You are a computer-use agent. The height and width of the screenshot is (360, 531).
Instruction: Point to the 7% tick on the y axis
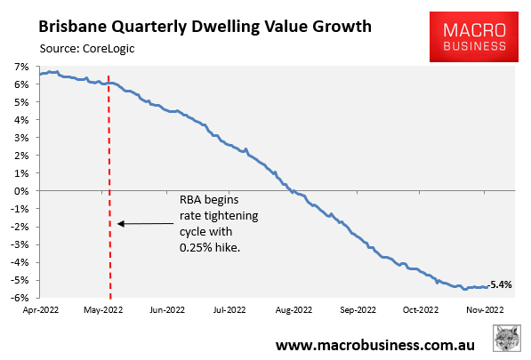coord(21,67)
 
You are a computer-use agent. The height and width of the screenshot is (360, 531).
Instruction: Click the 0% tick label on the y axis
coord(21,191)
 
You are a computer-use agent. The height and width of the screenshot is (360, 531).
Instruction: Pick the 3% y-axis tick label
coord(21,138)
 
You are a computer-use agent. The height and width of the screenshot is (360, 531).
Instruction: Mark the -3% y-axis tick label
coord(20,244)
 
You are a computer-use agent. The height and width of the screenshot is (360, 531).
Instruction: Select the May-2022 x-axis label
coord(102,311)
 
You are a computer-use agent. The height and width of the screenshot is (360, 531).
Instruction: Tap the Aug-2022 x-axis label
coord(294,311)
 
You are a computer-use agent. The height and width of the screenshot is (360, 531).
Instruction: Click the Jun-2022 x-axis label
coord(165,311)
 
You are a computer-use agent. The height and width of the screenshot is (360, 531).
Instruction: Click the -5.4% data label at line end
coord(500,285)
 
